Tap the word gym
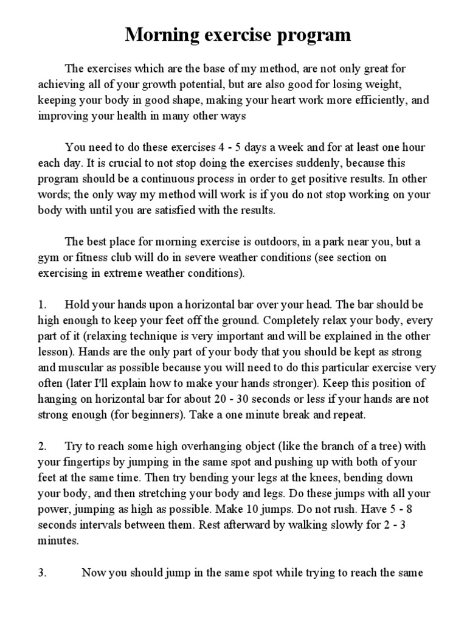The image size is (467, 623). [49, 257]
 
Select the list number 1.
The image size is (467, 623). [42, 305]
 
